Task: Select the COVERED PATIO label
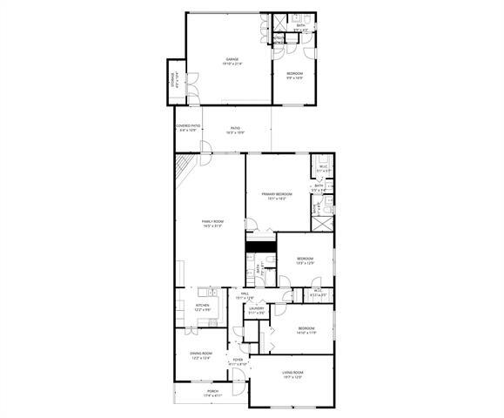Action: click(187, 127)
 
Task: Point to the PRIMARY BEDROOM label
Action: click(277, 195)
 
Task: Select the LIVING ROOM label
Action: click(292, 375)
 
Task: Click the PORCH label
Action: click(212, 393)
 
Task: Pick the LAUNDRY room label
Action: click(256, 309)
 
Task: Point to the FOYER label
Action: click(238, 361)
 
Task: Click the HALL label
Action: click(246, 296)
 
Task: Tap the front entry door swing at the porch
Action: click(238, 376)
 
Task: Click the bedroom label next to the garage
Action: click(294, 74)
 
